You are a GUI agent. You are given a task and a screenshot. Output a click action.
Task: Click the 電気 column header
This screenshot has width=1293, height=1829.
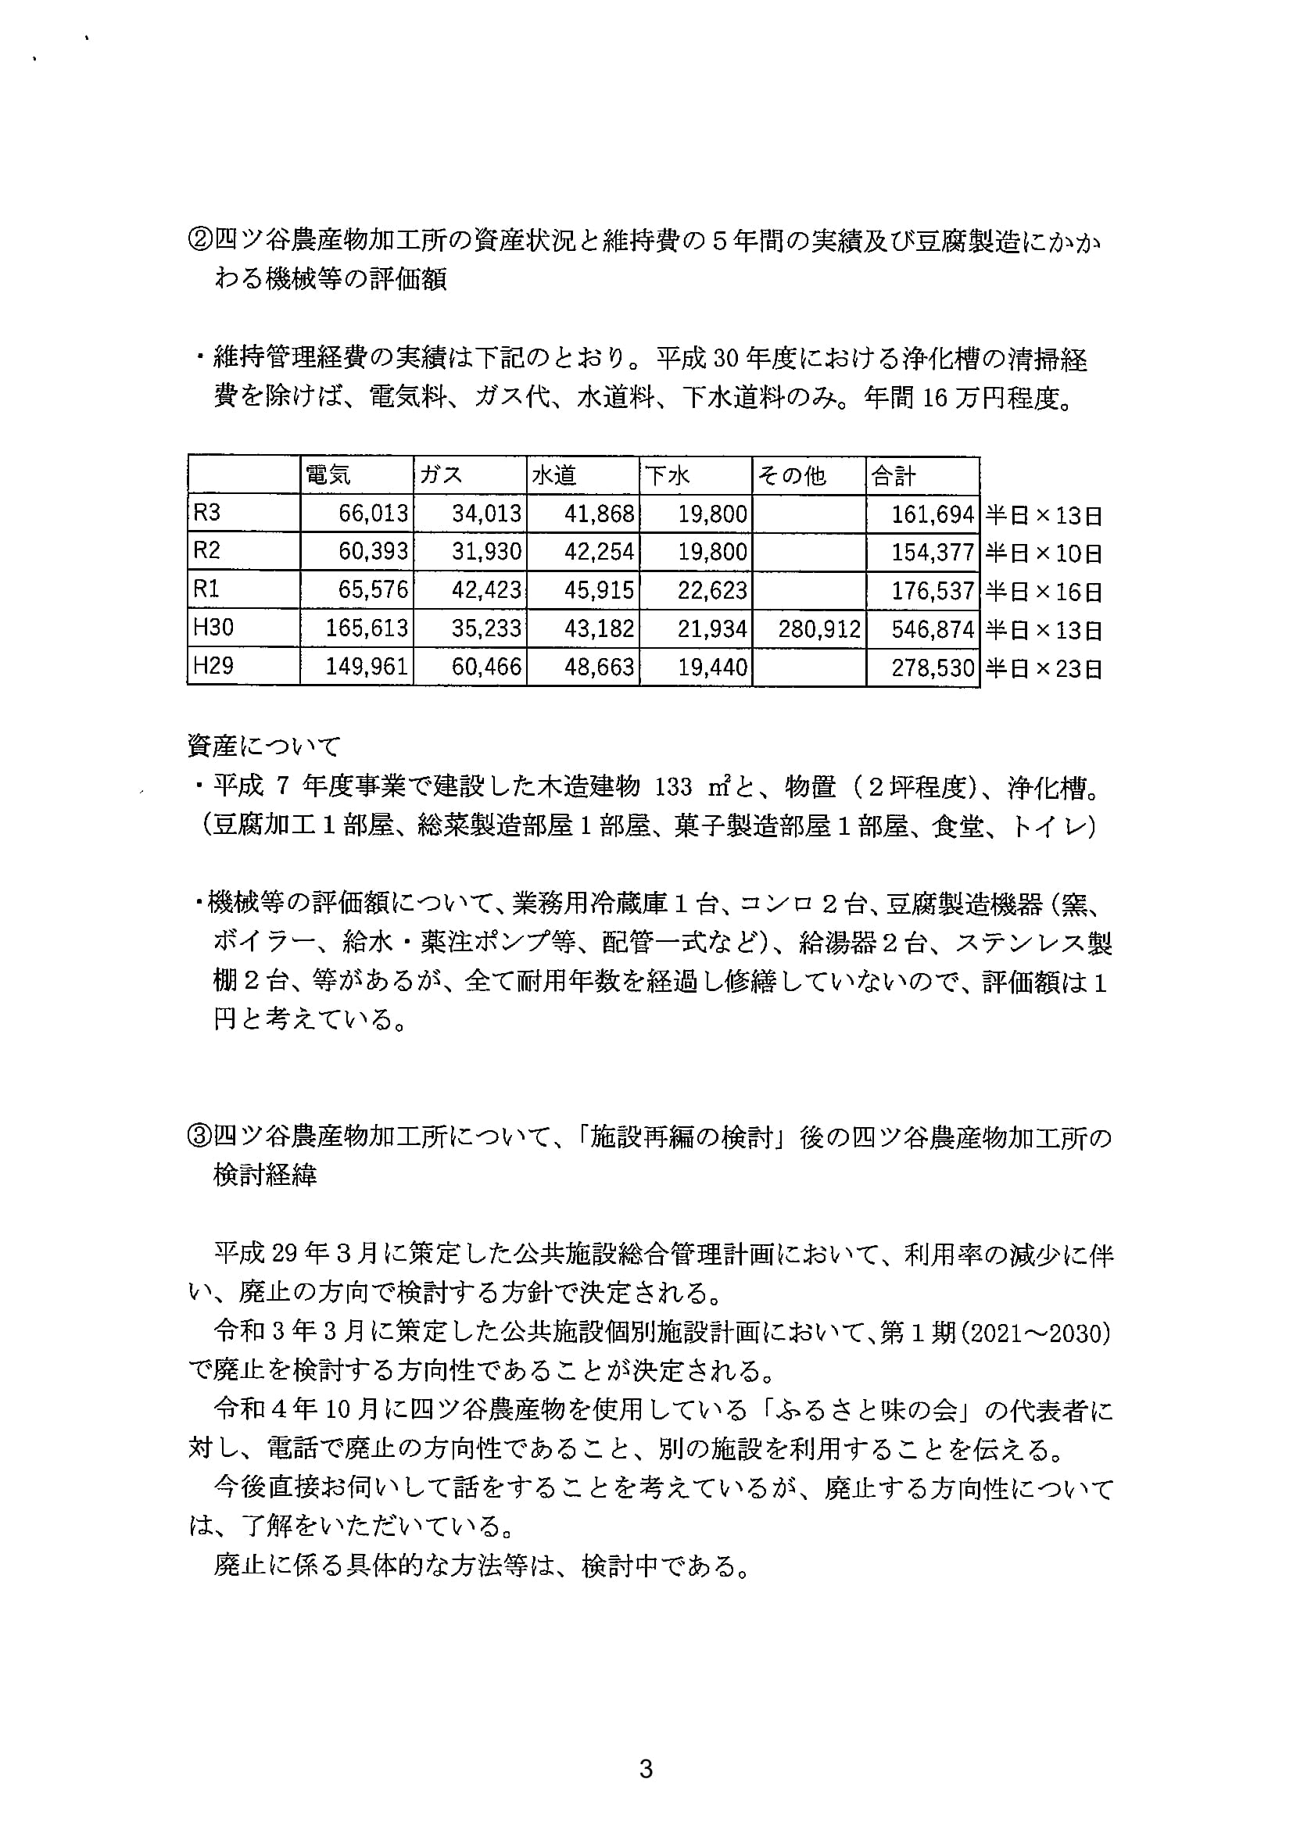pos(328,475)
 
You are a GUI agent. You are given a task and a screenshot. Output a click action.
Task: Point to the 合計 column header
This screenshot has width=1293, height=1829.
pos(894,475)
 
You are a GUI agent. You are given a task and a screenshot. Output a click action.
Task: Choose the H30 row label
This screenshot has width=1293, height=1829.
pos(213,628)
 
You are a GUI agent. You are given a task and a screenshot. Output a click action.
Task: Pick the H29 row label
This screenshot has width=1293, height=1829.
pos(213,666)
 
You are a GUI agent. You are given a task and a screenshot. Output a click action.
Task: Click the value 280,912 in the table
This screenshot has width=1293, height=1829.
pos(819,629)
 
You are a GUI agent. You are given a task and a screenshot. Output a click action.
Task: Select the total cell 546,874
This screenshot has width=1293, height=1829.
pos(933,629)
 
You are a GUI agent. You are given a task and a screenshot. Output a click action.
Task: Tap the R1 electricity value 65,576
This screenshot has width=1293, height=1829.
pos(373,591)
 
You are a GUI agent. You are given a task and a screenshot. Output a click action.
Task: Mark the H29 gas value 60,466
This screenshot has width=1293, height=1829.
pos(486,667)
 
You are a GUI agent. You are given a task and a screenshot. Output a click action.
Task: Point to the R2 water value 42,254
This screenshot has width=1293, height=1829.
pos(599,552)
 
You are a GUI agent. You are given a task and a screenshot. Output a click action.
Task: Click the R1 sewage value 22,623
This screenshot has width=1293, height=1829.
pos(712,591)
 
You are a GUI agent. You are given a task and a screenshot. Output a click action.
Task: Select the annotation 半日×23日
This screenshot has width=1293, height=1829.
pos(1044,668)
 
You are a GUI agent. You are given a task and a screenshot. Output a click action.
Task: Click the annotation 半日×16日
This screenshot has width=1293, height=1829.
pos(1044,592)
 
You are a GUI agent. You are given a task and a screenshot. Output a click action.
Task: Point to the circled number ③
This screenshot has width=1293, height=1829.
pos(199,1138)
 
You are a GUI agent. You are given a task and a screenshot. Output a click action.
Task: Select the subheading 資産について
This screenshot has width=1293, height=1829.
pos(263,746)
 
